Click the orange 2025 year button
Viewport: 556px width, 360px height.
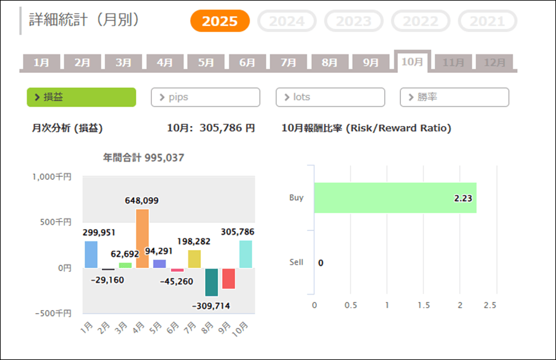tap(219, 21)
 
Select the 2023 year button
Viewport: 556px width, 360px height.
tap(353, 21)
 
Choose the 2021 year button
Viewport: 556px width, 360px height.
tap(487, 21)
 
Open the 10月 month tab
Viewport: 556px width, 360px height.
tap(412, 62)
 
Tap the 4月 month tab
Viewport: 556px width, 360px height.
tap(165, 62)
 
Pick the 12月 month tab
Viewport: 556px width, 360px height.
tap(494, 62)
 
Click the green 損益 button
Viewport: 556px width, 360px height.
tap(81, 97)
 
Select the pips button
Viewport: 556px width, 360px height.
tap(205, 97)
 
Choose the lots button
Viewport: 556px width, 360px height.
tap(330, 97)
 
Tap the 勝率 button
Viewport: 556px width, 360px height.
tap(455, 97)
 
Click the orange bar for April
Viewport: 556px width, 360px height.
tap(142, 238)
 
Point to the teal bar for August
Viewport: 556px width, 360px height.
tap(211, 282)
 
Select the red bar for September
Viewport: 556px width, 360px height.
tap(228, 278)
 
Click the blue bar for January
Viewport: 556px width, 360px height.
tap(91, 254)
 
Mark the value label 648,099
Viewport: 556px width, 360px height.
tap(142, 201)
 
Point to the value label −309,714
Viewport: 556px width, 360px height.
tap(211, 306)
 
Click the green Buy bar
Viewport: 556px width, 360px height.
tap(395, 198)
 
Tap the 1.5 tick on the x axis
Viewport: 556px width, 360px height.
tap(423, 306)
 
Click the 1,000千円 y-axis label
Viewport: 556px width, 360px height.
tap(51, 177)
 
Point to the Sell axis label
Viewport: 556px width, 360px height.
tap(296, 262)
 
